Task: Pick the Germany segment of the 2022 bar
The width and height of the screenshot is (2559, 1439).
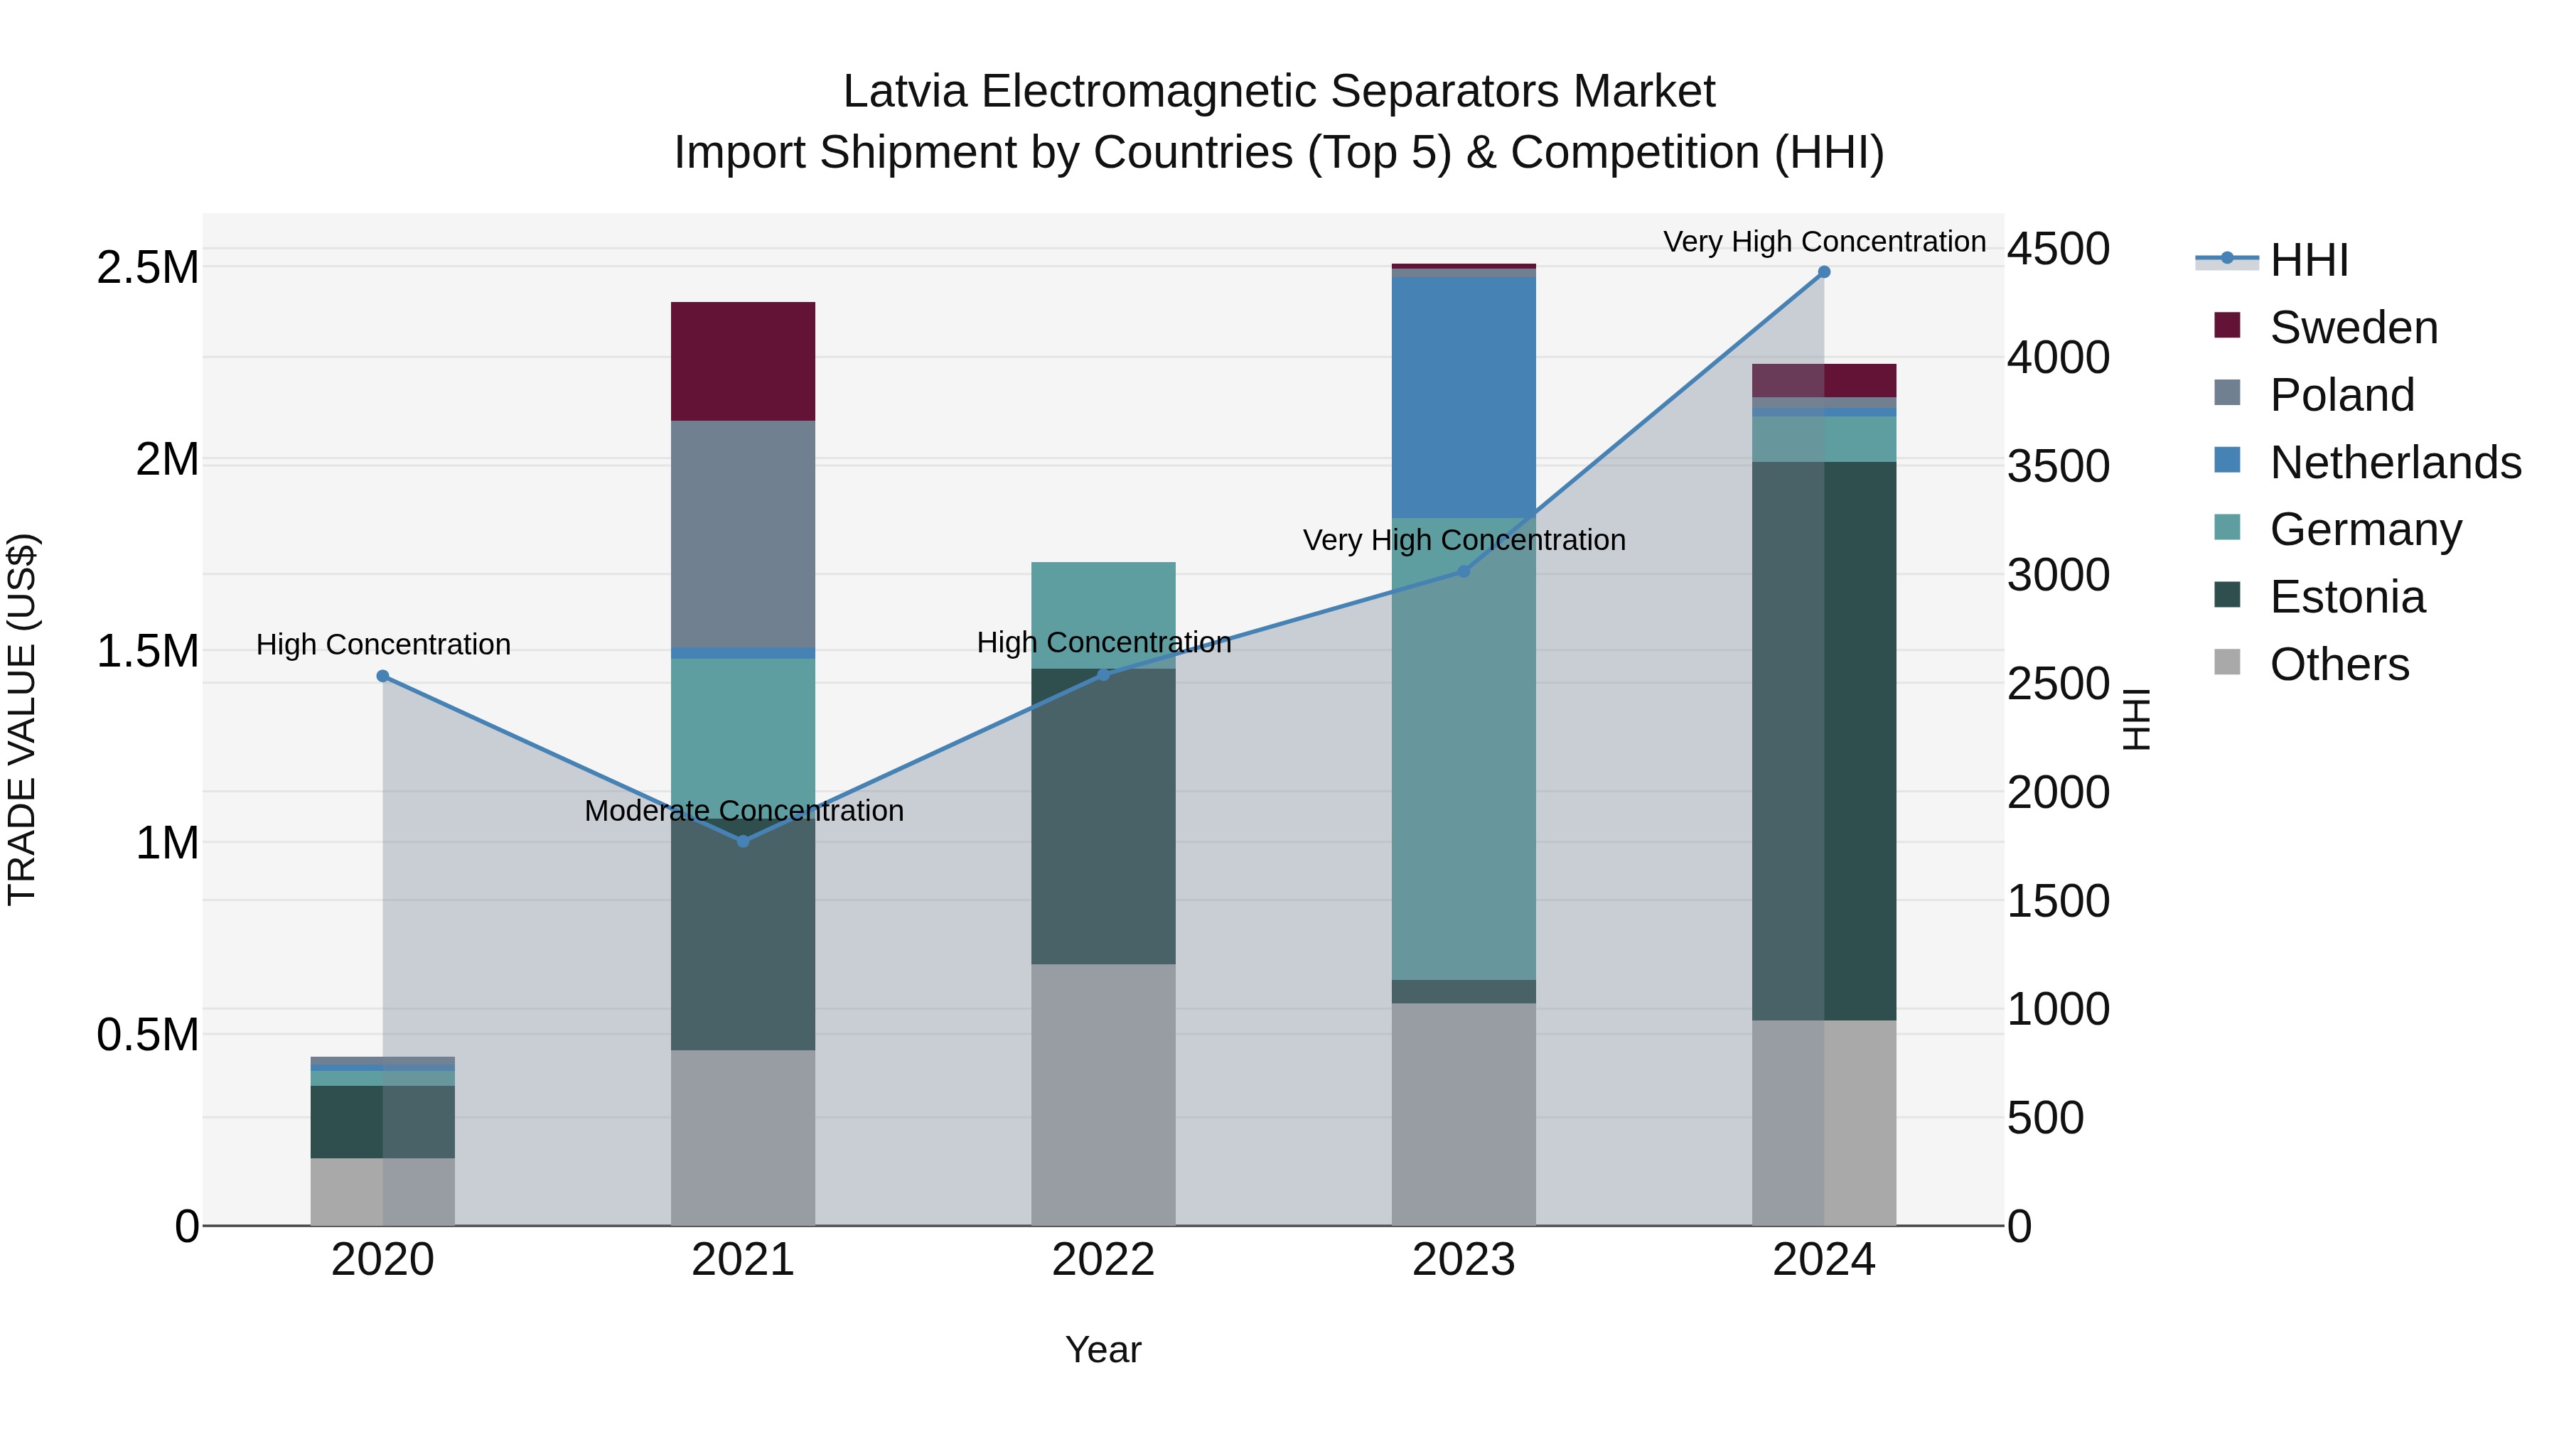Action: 1103,615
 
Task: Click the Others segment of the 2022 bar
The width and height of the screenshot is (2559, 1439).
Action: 1103,1094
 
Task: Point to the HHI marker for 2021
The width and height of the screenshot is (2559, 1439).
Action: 743,841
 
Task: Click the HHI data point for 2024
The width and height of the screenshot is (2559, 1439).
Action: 1824,271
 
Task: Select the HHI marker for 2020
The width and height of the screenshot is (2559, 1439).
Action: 382,677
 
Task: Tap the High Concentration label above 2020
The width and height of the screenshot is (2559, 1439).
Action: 382,645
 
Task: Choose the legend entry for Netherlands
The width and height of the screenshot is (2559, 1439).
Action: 2395,462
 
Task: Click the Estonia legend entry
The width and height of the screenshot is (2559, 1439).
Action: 2346,597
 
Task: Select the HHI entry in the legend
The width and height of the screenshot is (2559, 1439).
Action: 2309,260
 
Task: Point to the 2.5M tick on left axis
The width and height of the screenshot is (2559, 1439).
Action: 147,268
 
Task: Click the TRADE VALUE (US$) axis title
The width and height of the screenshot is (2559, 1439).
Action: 22,719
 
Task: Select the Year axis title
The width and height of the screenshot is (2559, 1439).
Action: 1103,1349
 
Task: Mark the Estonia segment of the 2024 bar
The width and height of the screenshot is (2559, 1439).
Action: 1824,740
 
